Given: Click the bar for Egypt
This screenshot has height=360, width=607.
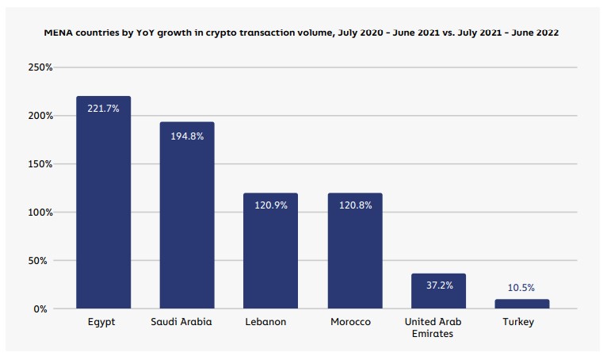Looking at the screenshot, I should click(103, 206).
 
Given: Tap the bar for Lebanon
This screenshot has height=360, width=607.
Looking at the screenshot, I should click(271, 254).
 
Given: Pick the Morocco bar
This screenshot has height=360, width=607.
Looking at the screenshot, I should click(355, 254).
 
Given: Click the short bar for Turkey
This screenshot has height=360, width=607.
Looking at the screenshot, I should click(522, 304).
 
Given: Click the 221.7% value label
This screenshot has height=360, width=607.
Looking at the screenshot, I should click(103, 109).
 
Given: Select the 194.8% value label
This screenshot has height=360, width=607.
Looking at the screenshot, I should click(187, 136).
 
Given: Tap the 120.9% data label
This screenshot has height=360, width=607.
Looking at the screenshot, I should click(271, 205).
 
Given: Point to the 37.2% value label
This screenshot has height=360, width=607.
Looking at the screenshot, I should click(438, 285).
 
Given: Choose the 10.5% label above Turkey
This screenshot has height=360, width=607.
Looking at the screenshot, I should click(522, 287).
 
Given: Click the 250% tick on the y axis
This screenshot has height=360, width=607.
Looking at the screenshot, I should click(39, 68).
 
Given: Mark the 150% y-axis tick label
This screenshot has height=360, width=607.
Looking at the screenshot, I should click(39, 164).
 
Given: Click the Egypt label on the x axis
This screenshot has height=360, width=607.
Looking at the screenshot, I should click(103, 322).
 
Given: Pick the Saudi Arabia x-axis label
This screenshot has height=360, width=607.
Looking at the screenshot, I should click(187, 322).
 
